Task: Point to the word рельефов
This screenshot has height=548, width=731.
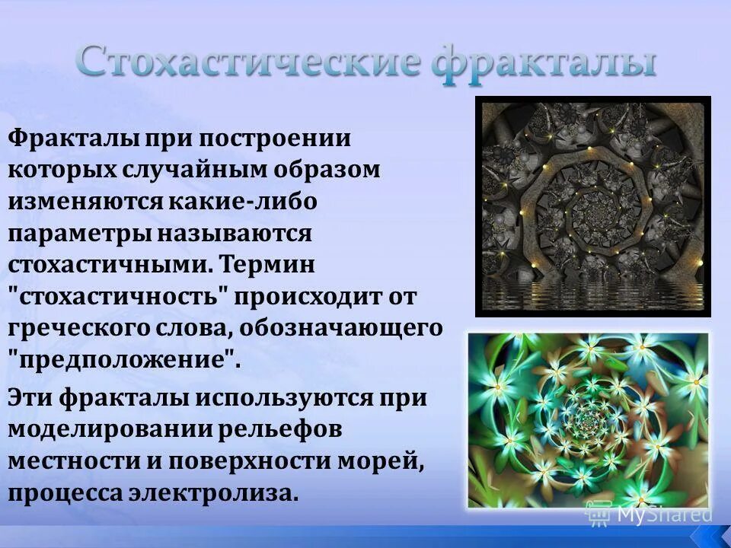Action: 279,429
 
